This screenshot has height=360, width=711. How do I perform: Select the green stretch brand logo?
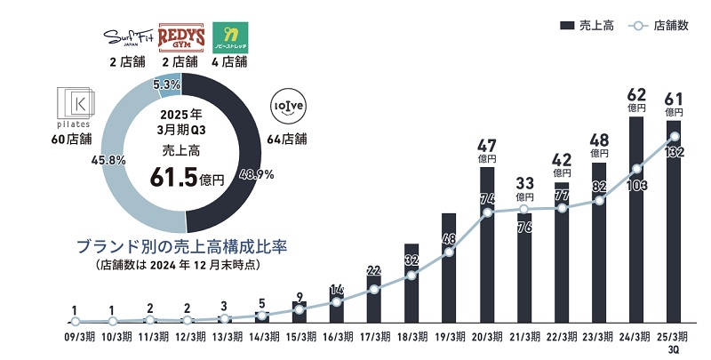pos(229,36)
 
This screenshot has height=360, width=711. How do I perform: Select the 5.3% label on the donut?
pos(167,84)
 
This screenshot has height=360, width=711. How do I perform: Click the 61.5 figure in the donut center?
pos(179,177)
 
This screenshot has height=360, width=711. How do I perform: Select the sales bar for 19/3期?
pos(449,267)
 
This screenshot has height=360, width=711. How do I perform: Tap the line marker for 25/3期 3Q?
pos(674,136)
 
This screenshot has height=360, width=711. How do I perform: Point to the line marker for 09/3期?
pos(76,321)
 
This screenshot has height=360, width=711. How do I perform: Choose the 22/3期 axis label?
pos(562,337)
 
